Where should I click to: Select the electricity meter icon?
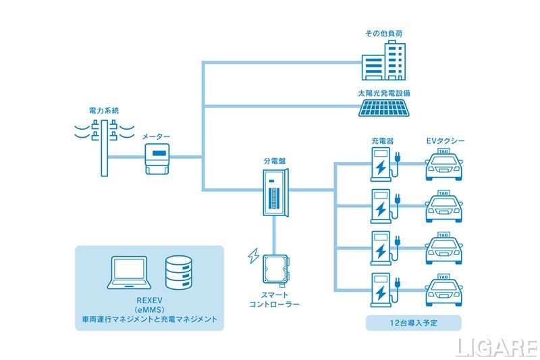(x=157, y=158)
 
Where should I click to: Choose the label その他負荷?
(x=385, y=32)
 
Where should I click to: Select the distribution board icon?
(x=275, y=192)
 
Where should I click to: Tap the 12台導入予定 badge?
(x=413, y=323)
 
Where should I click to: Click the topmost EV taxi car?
(x=444, y=166)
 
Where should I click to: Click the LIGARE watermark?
(x=496, y=346)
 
